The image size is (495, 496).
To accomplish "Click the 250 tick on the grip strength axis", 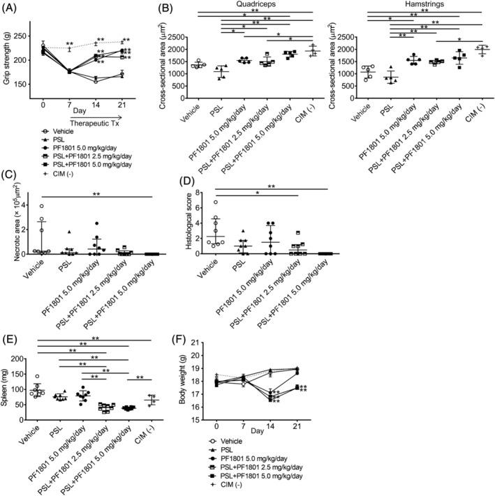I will tap(27, 36).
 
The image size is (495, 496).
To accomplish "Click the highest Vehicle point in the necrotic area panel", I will tap(42, 206).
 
